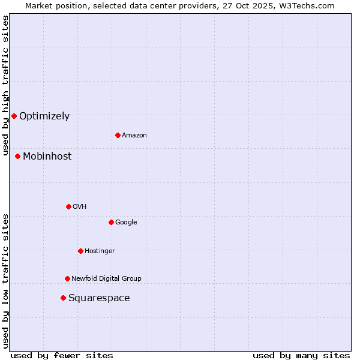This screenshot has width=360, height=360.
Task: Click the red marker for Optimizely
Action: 14,116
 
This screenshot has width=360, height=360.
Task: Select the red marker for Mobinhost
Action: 18,156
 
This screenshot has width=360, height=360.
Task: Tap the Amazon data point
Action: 118,135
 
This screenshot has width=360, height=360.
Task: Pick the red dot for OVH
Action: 68,206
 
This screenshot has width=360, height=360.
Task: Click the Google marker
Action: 111,222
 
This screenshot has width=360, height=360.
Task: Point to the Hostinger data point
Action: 80,251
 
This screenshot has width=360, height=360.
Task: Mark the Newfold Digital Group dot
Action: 67,278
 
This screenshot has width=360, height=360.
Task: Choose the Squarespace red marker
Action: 63,298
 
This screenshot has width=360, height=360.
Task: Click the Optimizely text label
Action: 44,116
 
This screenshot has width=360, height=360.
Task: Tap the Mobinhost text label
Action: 47,157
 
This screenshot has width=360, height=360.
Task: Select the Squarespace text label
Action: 99,298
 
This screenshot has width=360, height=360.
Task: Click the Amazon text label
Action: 134,136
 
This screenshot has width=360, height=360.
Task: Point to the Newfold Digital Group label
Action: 106,278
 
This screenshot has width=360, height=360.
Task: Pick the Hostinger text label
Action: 100,251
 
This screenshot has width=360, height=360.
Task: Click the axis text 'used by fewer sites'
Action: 62,355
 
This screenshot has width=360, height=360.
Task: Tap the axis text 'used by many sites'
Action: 301,355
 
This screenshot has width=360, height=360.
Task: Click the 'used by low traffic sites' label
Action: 5,281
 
